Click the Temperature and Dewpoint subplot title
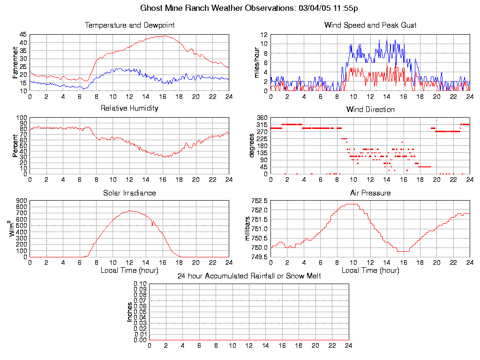[129, 25]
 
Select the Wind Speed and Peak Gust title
[370, 25]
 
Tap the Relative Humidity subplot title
[129, 108]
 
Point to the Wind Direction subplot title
[370, 109]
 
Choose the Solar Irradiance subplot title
[129, 193]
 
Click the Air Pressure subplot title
[370, 193]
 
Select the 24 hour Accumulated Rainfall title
[249, 276]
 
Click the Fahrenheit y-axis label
[15, 63]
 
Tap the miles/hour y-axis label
[256, 63]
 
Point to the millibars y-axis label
[248, 229]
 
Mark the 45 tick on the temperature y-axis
[23, 35]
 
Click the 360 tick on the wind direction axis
[262, 118]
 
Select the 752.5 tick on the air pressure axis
[259, 201]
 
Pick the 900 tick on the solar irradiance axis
[21, 201]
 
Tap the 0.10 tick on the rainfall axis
[140, 284]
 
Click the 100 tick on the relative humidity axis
[21, 118]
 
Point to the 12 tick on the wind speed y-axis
[264, 35]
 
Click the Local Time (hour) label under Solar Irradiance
[129, 270]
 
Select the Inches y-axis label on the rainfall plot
[130, 312]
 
